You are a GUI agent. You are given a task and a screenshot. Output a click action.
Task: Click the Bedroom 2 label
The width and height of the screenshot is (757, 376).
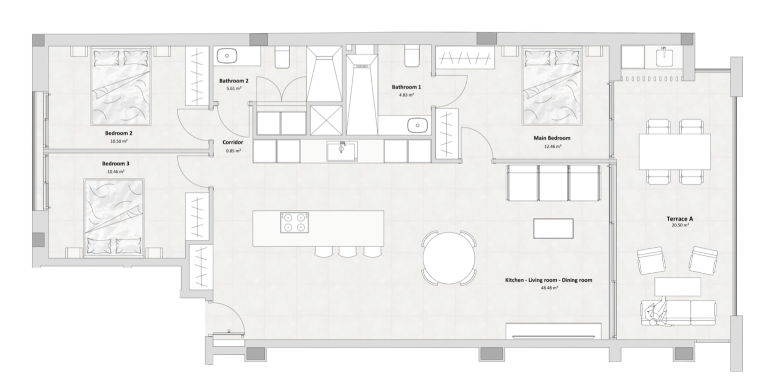[x=118, y=133]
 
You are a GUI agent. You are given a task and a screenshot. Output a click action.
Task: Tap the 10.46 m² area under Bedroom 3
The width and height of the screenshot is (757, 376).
[x=115, y=172]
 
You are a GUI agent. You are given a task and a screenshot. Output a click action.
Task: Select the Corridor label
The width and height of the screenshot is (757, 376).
[x=232, y=142]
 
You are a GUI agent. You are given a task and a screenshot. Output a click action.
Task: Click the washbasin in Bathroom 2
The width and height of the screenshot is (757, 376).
[x=227, y=56]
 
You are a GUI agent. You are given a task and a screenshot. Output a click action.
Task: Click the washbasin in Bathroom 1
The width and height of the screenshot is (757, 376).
[x=417, y=125]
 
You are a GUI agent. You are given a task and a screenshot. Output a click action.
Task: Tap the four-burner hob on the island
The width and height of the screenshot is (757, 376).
[x=294, y=222]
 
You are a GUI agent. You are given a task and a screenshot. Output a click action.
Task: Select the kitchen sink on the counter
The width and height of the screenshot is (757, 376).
[x=341, y=151]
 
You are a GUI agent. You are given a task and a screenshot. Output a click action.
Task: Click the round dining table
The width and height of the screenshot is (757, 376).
[x=449, y=258]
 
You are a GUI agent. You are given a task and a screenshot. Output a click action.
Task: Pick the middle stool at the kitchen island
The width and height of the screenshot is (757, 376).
[x=347, y=252]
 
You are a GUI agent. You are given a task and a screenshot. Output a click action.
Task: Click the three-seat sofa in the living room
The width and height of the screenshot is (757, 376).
[x=553, y=183]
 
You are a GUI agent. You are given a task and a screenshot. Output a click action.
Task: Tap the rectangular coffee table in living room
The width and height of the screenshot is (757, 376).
[x=553, y=228]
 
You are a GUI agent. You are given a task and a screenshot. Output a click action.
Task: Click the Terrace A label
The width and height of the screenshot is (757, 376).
[x=679, y=219]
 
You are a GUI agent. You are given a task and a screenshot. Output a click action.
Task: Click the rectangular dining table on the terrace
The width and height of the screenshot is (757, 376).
[x=674, y=151]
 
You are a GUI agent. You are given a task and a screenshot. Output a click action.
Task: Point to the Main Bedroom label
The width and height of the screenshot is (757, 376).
[x=551, y=138]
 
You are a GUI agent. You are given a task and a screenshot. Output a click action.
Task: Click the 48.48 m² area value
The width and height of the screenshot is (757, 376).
[x=549, y=288]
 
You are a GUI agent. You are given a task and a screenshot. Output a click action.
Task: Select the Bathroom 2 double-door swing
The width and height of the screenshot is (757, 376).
[x=281, y=89]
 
